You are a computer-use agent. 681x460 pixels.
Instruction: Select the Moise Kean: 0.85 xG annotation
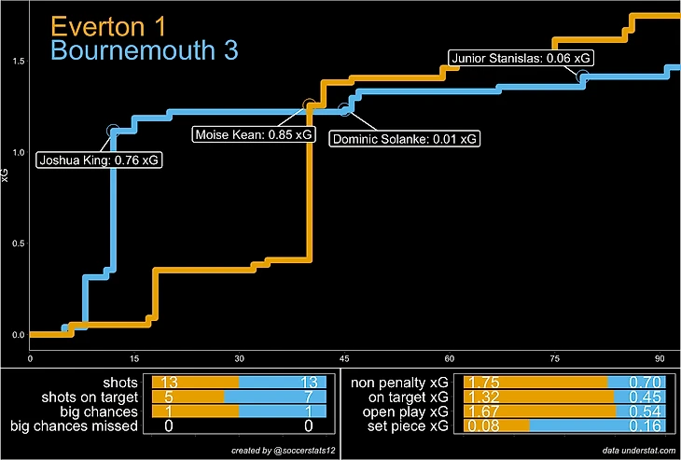(254, 135)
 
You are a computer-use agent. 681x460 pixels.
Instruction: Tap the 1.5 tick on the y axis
(17, 61)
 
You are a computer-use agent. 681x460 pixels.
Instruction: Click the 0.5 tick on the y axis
(17, 244)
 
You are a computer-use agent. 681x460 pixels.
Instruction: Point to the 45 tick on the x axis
(344, 358)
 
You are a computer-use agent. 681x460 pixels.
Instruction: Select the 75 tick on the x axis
(554, 358)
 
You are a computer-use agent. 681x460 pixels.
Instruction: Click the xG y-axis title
(7, 174)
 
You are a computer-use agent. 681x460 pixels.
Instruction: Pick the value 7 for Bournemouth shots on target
(320, 397)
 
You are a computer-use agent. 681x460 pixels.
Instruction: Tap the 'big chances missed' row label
(74, 426)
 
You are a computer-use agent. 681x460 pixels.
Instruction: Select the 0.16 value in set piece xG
(649, 426)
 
